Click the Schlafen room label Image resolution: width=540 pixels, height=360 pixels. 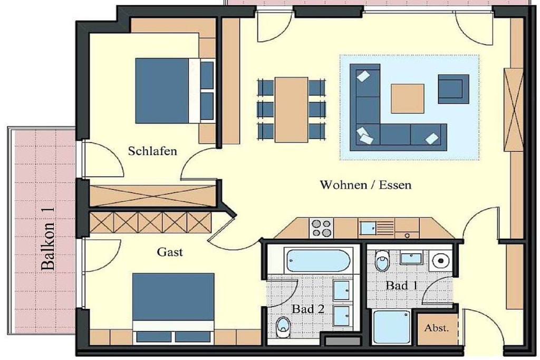[x=152, y=151]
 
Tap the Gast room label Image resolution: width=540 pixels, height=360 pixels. [x=170, y=252]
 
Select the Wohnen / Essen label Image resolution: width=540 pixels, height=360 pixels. [x=366, y=185]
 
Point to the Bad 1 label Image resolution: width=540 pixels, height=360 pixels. [x=401, y=285]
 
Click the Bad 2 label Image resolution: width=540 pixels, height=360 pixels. [x=308, y=309]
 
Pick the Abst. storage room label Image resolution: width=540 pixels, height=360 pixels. [x=437, y=328]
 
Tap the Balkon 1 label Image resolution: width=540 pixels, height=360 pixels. [x=48, y=239]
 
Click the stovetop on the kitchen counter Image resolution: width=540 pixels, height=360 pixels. [x=321, y=228]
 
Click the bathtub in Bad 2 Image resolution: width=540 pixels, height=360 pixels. [x=319, y=261]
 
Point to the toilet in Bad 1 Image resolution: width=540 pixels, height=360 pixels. [x=382, y=260]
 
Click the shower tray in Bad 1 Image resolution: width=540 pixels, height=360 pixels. [x=392, y=327]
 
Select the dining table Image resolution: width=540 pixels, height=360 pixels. [x=291, y=110]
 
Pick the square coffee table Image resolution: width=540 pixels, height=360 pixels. [x=408, y=99]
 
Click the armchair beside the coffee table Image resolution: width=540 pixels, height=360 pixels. [x=453, y=89]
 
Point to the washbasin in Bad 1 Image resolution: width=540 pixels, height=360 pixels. [x=411, y=258]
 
